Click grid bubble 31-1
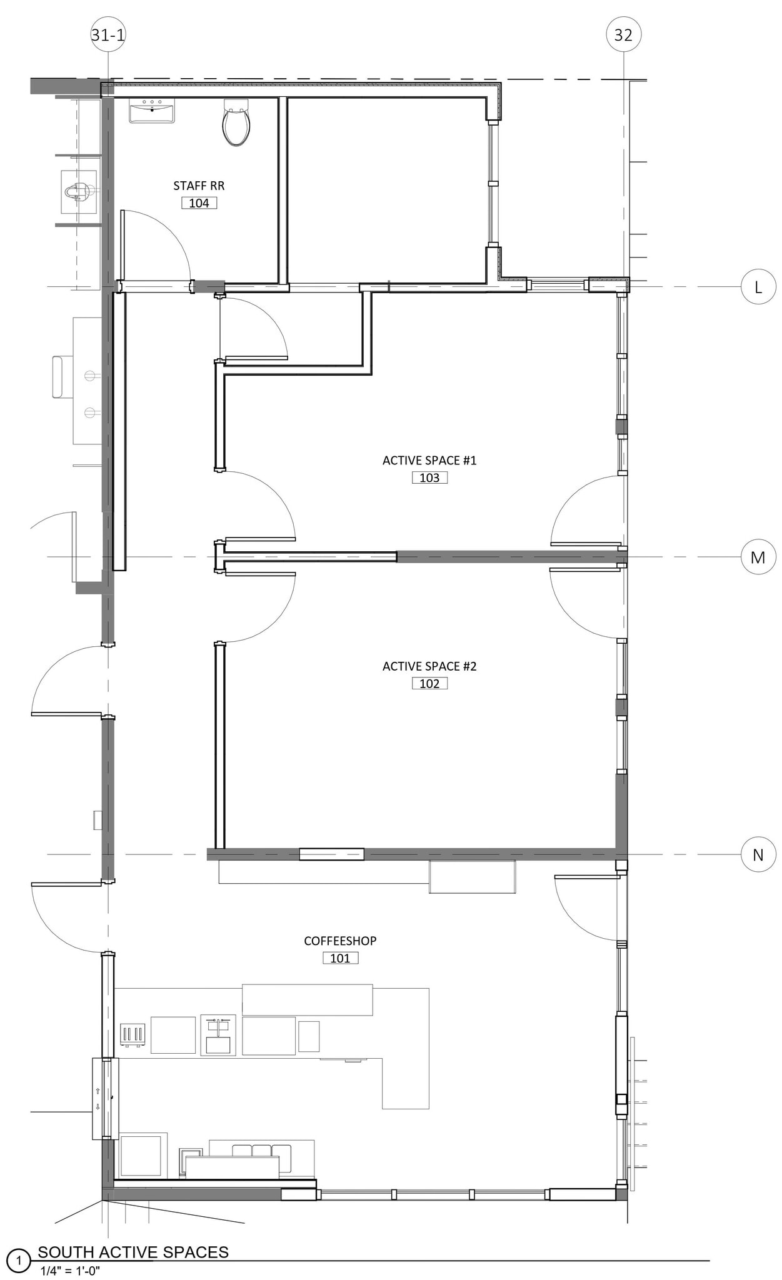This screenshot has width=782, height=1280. pos(108,35)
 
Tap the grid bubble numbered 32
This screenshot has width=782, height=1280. pos(623,35)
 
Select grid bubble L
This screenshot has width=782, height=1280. pos(758,287)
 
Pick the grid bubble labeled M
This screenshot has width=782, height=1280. pos(758,557)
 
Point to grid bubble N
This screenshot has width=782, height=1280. pos(758,854)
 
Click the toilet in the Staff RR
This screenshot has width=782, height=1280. pos(236,122)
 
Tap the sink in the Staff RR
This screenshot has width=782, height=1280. pos(152,111)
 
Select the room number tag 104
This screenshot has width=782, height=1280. pos(199,202)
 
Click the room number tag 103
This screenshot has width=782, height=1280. pos(429,477)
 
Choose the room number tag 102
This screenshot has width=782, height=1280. pos(429,683)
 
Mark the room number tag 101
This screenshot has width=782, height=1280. pos(340,957)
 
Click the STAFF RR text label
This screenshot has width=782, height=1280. pos(199,186)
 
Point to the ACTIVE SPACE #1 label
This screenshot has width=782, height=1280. pos(429,461)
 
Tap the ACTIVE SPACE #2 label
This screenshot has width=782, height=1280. pos(429,666)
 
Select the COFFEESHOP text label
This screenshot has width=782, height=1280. pos(340,941)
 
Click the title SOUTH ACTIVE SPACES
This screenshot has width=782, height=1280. pos(133,1252)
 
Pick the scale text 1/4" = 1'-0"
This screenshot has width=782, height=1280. pos(70,1270)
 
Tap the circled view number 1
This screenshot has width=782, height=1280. pos(18,1261)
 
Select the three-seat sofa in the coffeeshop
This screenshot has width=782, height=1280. pos(261,1156)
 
